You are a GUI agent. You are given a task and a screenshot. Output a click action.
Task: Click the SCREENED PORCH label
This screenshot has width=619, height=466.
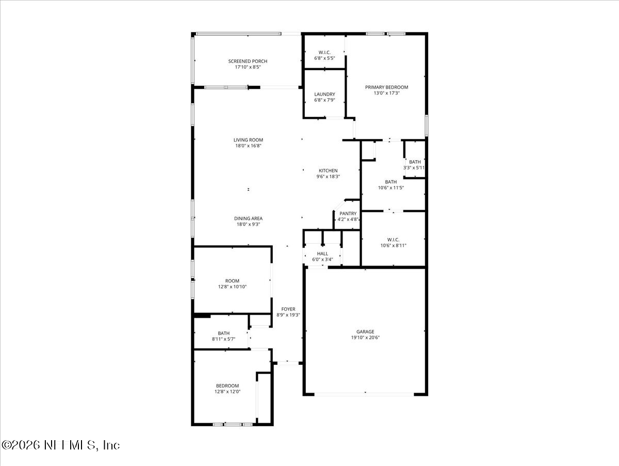(x=248, y=61)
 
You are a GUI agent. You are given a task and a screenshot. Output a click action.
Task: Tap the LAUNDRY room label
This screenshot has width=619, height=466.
(x=324, y=95)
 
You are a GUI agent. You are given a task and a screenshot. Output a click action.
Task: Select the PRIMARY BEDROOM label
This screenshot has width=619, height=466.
(x=387, y=87)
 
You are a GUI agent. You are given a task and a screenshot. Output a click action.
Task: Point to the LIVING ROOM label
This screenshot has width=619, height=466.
(x=248, y=140)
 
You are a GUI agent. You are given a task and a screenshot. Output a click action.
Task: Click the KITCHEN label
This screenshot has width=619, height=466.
(x=328, y=170)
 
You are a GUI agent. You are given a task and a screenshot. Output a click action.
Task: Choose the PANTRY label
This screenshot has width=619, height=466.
(x=348, y=213)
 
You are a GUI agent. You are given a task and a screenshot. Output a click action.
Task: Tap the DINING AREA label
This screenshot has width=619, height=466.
(x=248, y=219)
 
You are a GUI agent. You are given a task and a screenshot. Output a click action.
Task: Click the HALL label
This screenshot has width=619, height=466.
(x=322, y=254)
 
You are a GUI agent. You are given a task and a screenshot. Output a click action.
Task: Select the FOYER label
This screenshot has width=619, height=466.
(x=288, y=309)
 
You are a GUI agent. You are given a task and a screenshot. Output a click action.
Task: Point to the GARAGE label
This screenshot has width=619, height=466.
(x=365, y=332)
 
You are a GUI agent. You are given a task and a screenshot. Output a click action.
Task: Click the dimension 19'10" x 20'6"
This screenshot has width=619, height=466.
(x=365, y=337)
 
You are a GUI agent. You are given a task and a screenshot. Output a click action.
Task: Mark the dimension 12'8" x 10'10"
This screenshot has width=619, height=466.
(x=232, y=287)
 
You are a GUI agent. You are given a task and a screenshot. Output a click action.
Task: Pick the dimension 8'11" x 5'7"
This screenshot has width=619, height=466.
(x=224, y=339)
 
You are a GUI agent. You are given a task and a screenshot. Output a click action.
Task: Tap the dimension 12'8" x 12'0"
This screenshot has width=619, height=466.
(x=227, y=392)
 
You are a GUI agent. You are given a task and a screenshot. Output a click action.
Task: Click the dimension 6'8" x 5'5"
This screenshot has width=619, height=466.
(x=324, y=58)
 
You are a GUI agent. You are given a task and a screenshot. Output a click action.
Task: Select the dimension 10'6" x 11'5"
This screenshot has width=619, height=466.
(x=391, y=188)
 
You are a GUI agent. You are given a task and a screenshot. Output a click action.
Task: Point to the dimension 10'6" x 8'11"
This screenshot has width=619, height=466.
(x=394, y=245)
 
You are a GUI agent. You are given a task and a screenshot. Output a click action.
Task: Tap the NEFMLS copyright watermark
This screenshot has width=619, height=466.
(x=61, y=445)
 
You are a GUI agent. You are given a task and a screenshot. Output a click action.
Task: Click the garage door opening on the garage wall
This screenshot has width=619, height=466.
(x=364, y=394)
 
